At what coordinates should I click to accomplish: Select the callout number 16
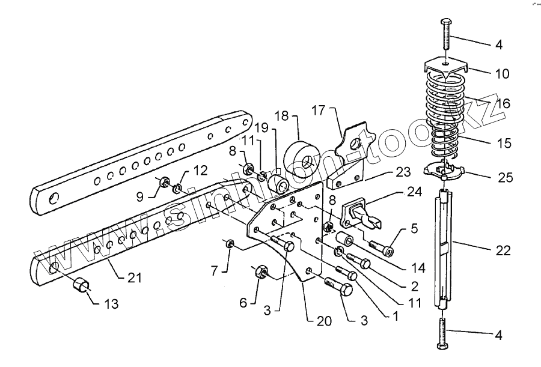point(503,104)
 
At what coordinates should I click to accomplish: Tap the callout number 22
point(503,250)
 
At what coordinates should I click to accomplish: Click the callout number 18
point(283,115)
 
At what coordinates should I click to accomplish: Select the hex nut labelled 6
point(262,272)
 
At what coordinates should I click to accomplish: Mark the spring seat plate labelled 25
point(443,169)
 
